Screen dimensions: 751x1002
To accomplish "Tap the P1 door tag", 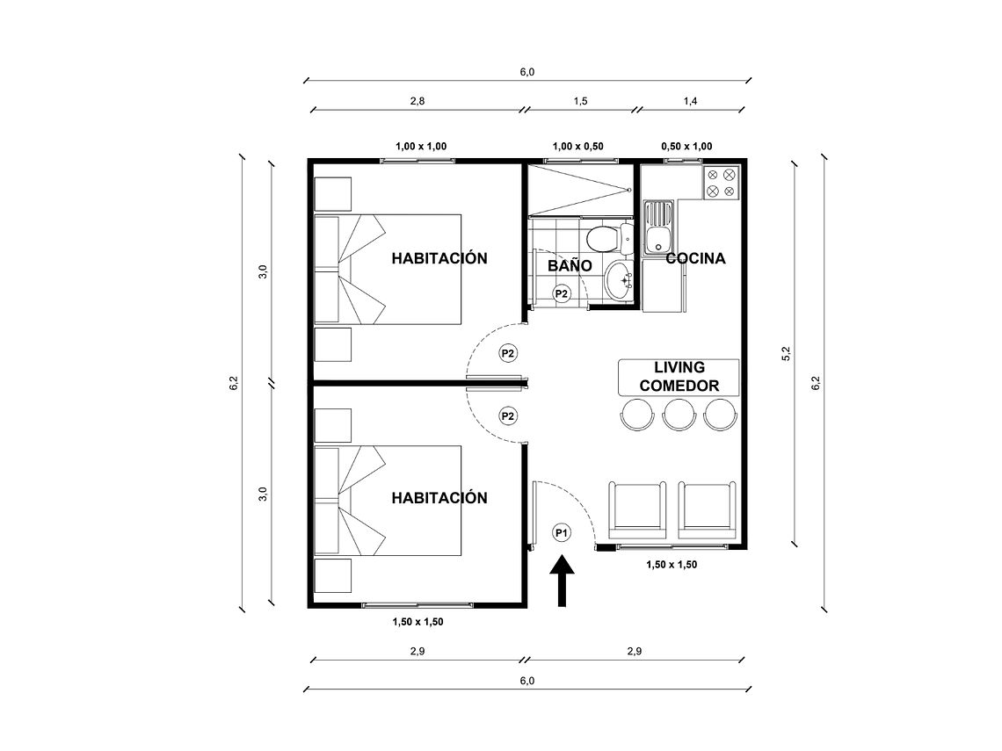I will click(x=562, y=531).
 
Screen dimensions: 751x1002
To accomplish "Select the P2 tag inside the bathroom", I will click(x=561, y=292).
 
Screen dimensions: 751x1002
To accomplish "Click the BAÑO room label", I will click(x=570, y=264).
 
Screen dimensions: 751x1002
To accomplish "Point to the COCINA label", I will click(x=695, y=258).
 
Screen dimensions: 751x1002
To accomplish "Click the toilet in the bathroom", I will click(x=606, y=237).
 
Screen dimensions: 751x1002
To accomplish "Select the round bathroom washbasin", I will click(x=619, y=280).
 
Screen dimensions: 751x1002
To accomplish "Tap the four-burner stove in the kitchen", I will click(x=721, y=182).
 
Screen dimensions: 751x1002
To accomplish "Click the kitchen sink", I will click(x=658, y=225).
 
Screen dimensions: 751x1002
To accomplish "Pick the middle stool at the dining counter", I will click(x=679, y=414).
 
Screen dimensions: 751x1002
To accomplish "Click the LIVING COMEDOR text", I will click(x=679, y=377).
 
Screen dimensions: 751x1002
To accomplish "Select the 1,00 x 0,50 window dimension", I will click(x=577, y=146).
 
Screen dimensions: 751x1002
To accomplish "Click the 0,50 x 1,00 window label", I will click(x=686, y=146).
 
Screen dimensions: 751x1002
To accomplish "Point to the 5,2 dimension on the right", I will click(x=787, y=353).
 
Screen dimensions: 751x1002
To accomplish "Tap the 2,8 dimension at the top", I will click(x=417, y=101).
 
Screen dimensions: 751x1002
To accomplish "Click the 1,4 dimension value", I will click(x=690, y=101).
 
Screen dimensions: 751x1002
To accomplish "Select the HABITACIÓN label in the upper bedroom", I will click(x=439, y=258).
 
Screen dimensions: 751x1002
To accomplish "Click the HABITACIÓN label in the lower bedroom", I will click(x=439, y=498).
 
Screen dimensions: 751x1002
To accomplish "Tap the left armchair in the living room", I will click(x=638, y=509).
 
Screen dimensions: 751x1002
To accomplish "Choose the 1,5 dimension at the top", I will click(x=580, y=101).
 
